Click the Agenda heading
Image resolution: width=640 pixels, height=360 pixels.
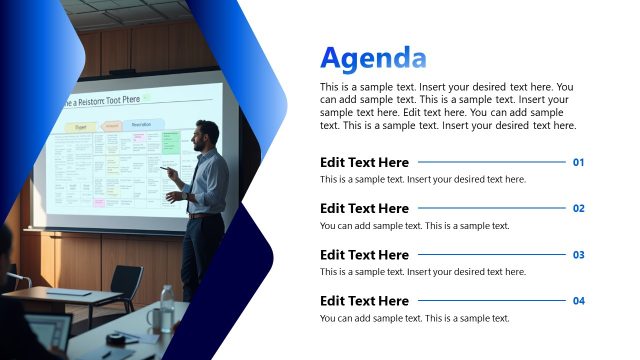[x=373, y=58]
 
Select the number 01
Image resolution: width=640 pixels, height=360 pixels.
[x=578, y=162]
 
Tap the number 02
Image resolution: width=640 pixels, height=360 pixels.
[x=578, y=208]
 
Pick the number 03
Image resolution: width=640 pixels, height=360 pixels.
[x=578, y=255]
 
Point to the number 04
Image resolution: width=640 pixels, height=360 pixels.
[x=578, y=301]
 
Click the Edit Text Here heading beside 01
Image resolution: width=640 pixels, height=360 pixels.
[x=364, y=162]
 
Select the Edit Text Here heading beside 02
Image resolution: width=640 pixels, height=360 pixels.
[x=364, y=208]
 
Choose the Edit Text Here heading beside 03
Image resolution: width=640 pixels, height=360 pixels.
[x=364, y=255]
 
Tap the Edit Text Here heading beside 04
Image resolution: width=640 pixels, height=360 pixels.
[x=364, y=301]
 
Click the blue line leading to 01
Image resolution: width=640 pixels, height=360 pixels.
[x=491, y=162]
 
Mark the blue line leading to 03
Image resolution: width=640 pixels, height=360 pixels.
[x=491, y=255]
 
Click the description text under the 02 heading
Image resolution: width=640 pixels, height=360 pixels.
[x=414, y=226]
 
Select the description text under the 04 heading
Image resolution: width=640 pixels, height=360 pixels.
[x=414, y=318]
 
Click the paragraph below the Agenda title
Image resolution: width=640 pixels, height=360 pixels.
[x=447, y=106]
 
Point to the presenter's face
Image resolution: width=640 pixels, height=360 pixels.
[x=205, y=135]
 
